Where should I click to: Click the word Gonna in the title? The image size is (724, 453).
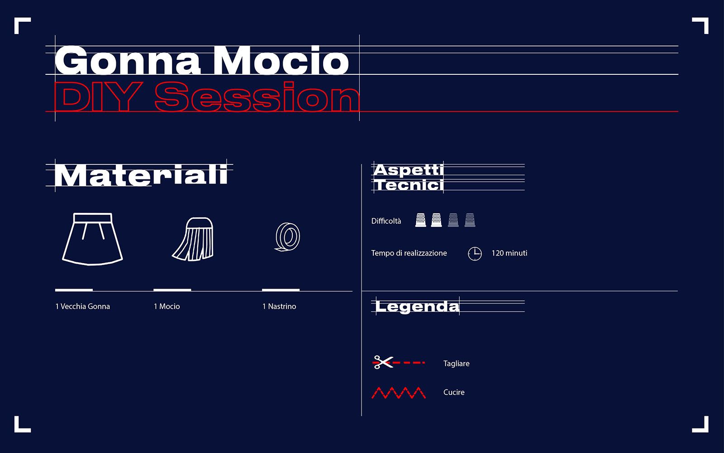(128, 61)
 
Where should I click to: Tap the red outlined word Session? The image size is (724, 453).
(257, 96)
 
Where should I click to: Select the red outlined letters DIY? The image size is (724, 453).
(98, 96)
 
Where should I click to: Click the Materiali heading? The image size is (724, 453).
(141, 175)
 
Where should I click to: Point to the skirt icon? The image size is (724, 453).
(92, 239)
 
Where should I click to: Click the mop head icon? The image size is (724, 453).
(193, 239)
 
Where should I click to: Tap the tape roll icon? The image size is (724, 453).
(287, 237)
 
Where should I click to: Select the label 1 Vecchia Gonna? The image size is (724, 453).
(83, 306)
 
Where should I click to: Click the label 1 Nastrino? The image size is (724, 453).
(279, 306)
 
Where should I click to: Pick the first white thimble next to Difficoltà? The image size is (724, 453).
(420, 220)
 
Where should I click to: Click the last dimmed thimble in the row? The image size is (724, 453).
(470, 220)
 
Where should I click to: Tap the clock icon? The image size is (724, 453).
(475, 254)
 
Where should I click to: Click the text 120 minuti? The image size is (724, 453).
(510, 253)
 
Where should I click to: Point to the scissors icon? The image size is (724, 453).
(383, 362)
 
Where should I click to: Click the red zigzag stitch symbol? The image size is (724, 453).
(399, 392)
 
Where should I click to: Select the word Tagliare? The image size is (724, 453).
(457, 364)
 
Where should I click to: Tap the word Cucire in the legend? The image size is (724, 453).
(454, 392)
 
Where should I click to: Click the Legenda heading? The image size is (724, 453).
(417, 306)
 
